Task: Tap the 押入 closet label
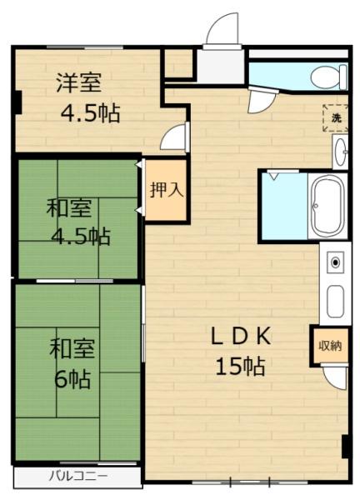point(165,189)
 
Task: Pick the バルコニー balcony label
point(74,477)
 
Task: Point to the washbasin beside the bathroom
point(340,152)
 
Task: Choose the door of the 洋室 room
point(174,137)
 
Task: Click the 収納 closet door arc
point(334,377)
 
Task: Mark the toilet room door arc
point(260,99)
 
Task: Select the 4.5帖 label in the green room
point(80,235)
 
